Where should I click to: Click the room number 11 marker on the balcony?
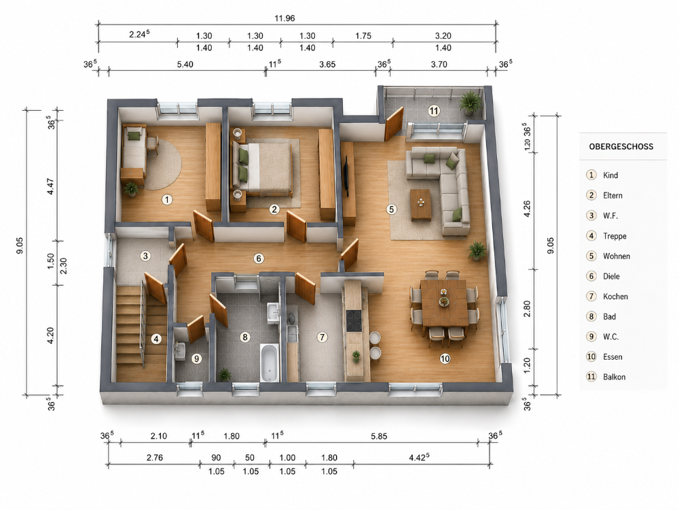click(x=434, y=111)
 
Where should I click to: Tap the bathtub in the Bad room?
click(x=269, y=362)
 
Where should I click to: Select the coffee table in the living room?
click(x=421, y=204)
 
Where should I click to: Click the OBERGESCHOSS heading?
click(x=621, y=147)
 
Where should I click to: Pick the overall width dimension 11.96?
click(x=285, y=18)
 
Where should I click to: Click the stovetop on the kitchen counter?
click(x=354, y=322)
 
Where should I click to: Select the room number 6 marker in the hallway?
click(x=259, y=259)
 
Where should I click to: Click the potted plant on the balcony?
click(x=469, y=103)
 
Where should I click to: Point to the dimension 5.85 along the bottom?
click(x=379, y=437)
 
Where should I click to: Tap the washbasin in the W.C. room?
click(x=180, y=350)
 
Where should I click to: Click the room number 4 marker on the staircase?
click(x=156, y=339)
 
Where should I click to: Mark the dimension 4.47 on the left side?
click(x=51, y=186)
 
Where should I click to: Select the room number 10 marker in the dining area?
click(x=445, y=358)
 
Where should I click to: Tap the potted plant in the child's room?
click(x=131, y=189)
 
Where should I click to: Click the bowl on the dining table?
click(x=444, y=301)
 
